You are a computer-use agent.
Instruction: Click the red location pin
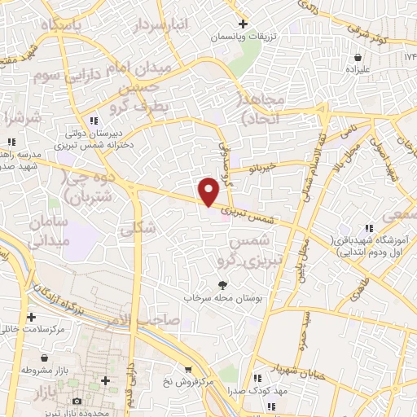[210, 191]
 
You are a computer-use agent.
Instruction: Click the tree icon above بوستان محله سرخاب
[222, 283]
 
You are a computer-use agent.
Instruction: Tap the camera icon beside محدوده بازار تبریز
[77, 401]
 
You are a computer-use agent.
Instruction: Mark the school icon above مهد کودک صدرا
[257, 379]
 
